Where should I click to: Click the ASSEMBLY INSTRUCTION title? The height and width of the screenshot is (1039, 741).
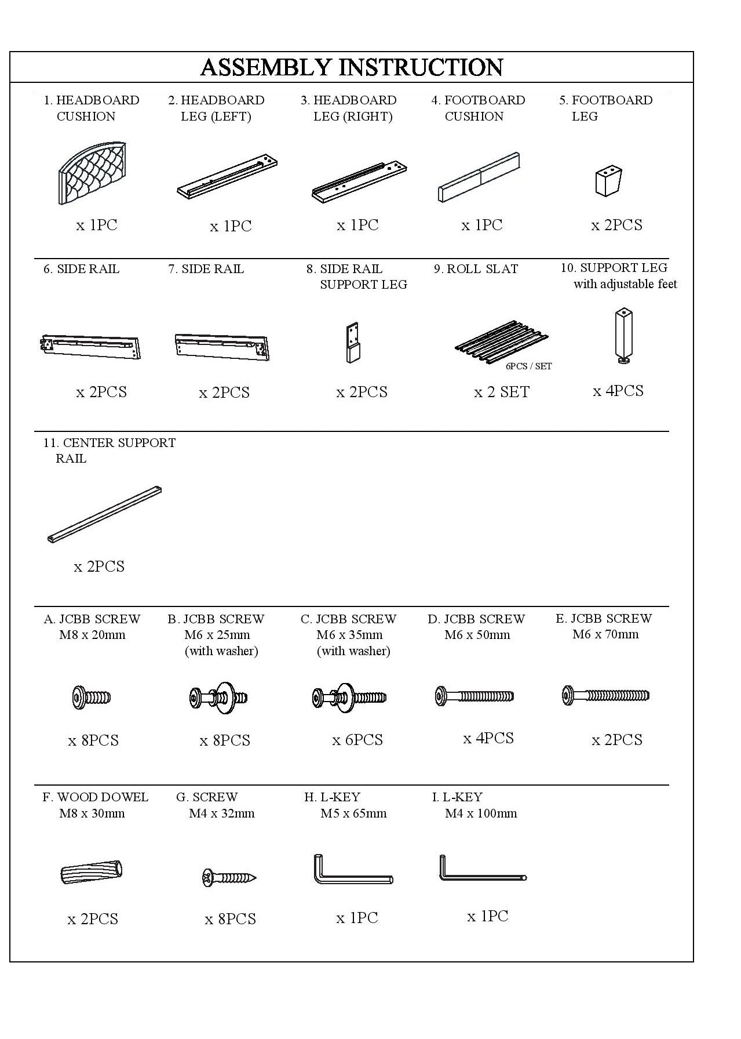(x=351, y=67)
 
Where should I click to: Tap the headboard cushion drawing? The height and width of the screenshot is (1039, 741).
(x=93, y=173)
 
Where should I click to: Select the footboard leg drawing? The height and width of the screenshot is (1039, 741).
(x=608, y=181)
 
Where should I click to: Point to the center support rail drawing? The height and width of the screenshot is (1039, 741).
(x=104, y=514)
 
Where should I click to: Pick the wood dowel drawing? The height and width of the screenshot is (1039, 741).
(x=92, y=872)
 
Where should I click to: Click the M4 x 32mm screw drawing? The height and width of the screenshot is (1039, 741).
(x=229, y=878)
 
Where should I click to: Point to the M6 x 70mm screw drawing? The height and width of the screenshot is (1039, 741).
(x=605, y=695)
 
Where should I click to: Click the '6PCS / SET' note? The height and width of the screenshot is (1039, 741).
(x=528, y=366)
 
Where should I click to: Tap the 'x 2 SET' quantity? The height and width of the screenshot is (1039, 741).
(x=502, y=393)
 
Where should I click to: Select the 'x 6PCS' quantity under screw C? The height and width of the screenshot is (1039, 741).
(x=357, y=740)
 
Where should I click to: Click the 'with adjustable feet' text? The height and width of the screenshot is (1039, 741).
(x=625, y=284)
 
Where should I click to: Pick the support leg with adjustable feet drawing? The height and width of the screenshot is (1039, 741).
(x=623, y=336)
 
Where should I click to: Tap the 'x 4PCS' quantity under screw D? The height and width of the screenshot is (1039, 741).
(x=488, y=738)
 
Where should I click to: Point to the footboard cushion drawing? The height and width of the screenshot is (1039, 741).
(x=479, y=177)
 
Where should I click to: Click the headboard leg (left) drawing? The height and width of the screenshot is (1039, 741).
(x=227, y=176)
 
